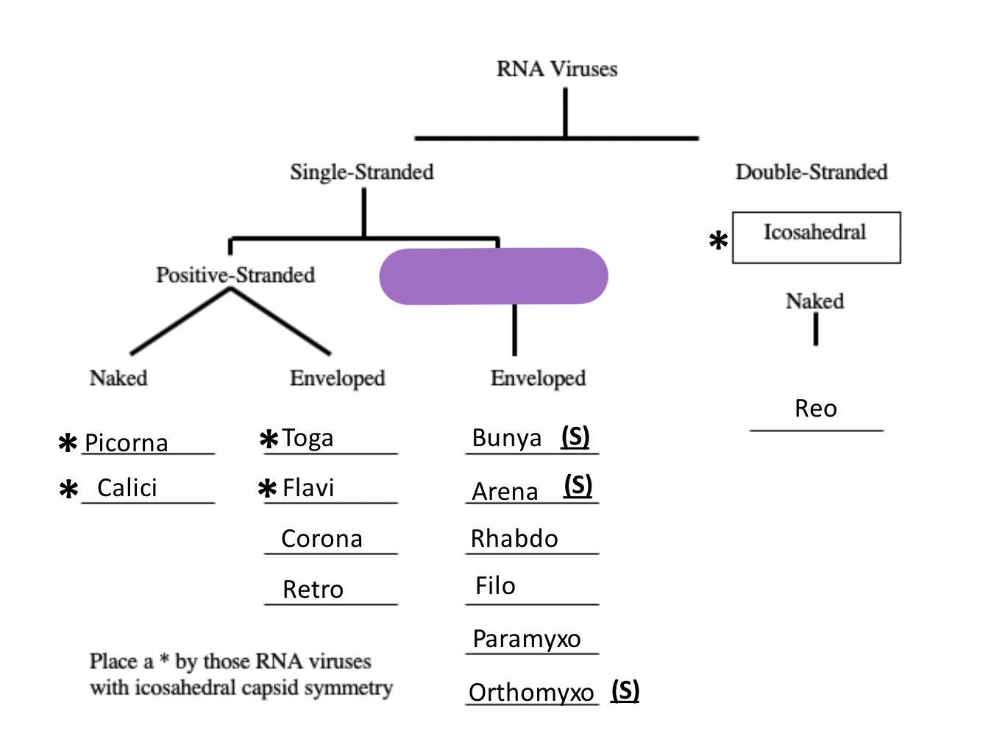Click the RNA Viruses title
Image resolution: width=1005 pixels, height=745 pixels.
(x=557, y=69)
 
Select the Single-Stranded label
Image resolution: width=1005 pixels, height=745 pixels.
(x=362, y=172)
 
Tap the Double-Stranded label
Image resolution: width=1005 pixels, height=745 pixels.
(x=812, y=172)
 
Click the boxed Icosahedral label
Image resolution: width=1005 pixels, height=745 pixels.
(x=815, y=233)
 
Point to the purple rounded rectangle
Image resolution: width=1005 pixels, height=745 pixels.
(x=494, y=276)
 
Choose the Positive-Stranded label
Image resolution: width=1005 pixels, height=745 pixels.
(x=235, y=275)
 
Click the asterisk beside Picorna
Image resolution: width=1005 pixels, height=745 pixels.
(x=68, y=443)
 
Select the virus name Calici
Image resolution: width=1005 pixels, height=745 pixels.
(x=127, y=487)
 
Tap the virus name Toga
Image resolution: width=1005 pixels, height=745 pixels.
(x=308, y=438)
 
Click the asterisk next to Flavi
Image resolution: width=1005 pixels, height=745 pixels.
(x=268, y=488)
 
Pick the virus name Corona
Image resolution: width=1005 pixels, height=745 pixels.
(x=322, y=539)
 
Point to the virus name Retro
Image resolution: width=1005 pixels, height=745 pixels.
(x=313, y=590)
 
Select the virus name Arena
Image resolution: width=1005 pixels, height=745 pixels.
(x=505, y=491)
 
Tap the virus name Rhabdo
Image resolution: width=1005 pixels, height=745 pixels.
(x=514, y=539)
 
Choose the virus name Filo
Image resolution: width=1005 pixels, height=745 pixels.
(x=495, y=586)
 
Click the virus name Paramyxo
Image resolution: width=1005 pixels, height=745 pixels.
(x=527, y=639)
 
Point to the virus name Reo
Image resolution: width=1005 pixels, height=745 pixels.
(x=816, y=409)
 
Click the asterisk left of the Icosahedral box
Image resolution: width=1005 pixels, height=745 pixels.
(x=718, y=241)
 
